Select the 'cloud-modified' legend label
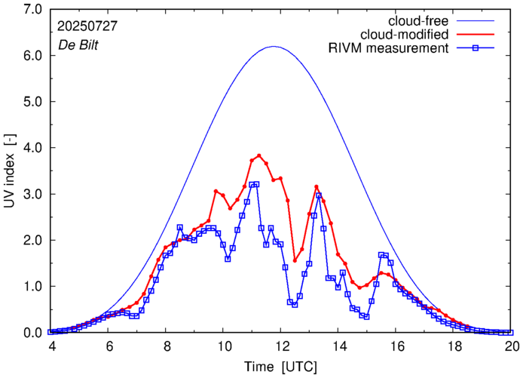(405, 35)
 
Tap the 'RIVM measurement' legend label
(388, 49)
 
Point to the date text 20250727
(87, 25)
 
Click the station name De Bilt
(78, 44)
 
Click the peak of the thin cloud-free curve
(274, 47)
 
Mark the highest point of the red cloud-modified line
(259, 155)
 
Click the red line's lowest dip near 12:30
(295, 260)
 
